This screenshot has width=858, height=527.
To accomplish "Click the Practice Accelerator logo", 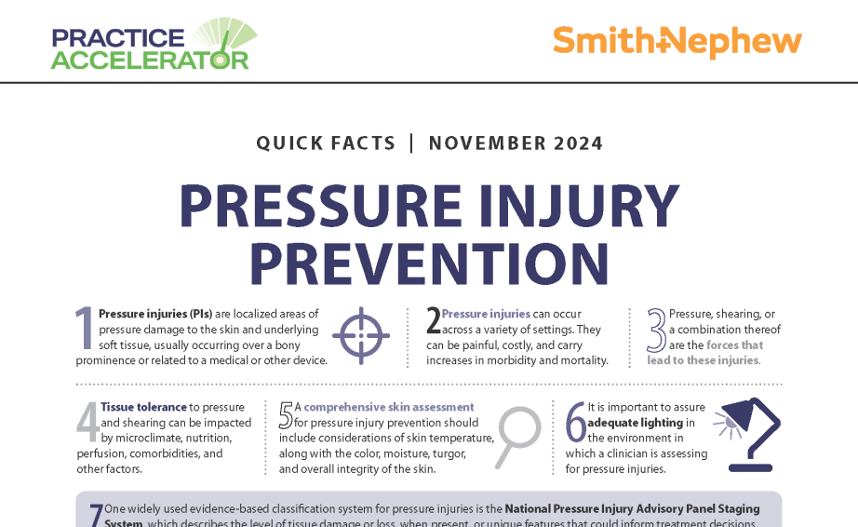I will pyautogui.click(x=154, y=44).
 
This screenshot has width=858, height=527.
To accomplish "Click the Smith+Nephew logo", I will pyautogui.click(x=677, y=42).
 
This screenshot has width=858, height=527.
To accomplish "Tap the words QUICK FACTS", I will pyautogui.click(x=326, y=143).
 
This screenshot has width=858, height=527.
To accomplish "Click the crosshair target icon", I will pyautogui.click(x=361, y=334).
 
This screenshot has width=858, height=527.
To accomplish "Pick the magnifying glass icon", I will pyautogui.click(x=516, y=436).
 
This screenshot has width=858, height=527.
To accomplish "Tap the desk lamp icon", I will pyautogui.click(x=751, y=434).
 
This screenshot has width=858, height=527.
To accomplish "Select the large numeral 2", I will pyautogui.click(x=433, y=320).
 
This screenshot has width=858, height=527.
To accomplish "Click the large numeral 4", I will pyautogui.click(x=87, y=423).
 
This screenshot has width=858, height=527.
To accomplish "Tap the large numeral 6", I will pyautogui.click(x=575, y=423).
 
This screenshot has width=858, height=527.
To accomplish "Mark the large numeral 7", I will pyautogui.click(x=95, y=516).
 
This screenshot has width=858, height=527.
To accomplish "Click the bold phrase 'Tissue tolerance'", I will pyautogui.click(x=143, y=407).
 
